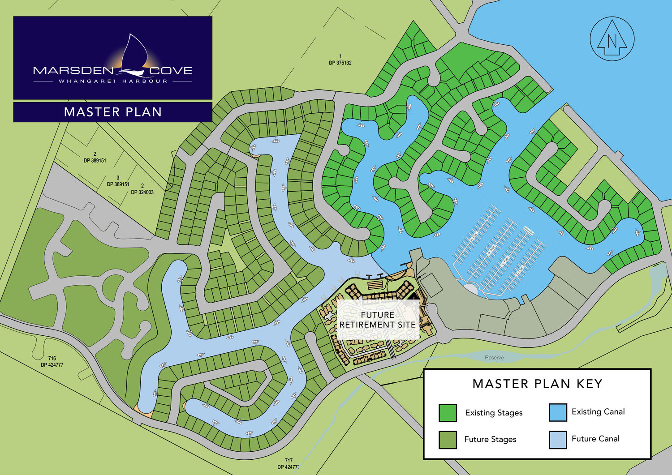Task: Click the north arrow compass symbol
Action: click(612, 39)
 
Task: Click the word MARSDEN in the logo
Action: click(73, 71)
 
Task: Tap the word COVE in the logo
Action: click(171, 71)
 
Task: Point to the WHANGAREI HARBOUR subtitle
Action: click(113, 81)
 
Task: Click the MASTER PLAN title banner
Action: click(113, 112)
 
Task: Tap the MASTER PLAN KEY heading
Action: click(537, 384)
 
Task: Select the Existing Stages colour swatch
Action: click(448, 413)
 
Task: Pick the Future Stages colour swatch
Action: click(448, 440)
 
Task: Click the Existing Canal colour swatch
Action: click(558, 412)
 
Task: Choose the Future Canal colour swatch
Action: click(558, 439)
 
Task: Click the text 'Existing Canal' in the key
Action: click(598, 412)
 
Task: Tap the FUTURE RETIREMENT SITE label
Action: click(378, 320)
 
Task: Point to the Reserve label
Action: click(494, 358)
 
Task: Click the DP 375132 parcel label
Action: click(340, 60)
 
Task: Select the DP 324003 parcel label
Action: click(142, 189)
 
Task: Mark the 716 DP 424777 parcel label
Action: click(52, 362)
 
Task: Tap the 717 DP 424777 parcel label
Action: click(288, 464)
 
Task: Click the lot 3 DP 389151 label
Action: click(118, 181)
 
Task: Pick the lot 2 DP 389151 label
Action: click(95, 158)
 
